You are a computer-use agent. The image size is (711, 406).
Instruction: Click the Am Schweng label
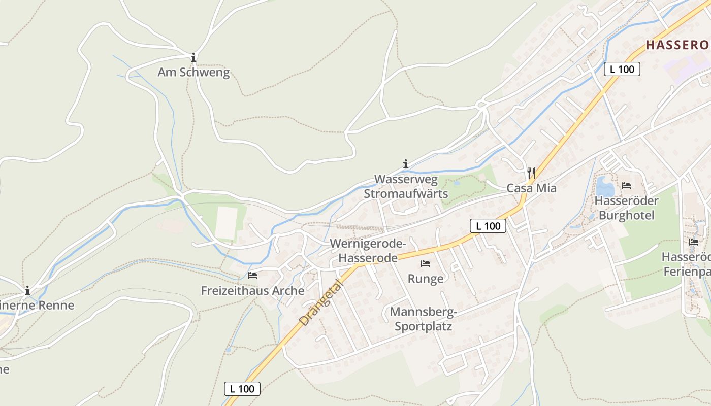pos(193,73)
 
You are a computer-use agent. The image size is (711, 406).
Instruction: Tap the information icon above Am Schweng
pos(193,57)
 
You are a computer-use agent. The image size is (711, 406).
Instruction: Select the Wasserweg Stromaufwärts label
pos(406,186)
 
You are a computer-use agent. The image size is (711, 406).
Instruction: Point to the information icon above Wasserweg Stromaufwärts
pos(406,164)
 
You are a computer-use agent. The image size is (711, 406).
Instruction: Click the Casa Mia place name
pos(531,188)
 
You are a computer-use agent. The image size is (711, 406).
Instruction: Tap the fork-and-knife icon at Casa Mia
pos(531,173)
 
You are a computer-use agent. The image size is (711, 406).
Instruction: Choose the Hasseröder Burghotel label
pos(626,208)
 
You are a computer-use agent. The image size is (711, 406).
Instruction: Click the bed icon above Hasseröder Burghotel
pos(626,186)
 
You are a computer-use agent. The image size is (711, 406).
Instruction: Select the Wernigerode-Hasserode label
pos(368,251)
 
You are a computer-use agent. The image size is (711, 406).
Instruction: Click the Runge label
pos(426,279)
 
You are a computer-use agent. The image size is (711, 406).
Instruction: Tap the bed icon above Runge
pos(426,264)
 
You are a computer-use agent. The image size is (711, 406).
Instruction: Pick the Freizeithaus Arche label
pos(252,291)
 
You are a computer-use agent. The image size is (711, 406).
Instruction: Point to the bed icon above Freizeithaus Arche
pos(252,276)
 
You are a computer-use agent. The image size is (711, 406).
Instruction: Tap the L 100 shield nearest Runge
pos(488,226)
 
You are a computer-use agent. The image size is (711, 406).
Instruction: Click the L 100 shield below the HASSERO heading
pos(622,69)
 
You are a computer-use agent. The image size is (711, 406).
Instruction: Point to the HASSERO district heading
pos(677,45)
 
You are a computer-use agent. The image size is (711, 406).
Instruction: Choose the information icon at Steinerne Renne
pos(27,291)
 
